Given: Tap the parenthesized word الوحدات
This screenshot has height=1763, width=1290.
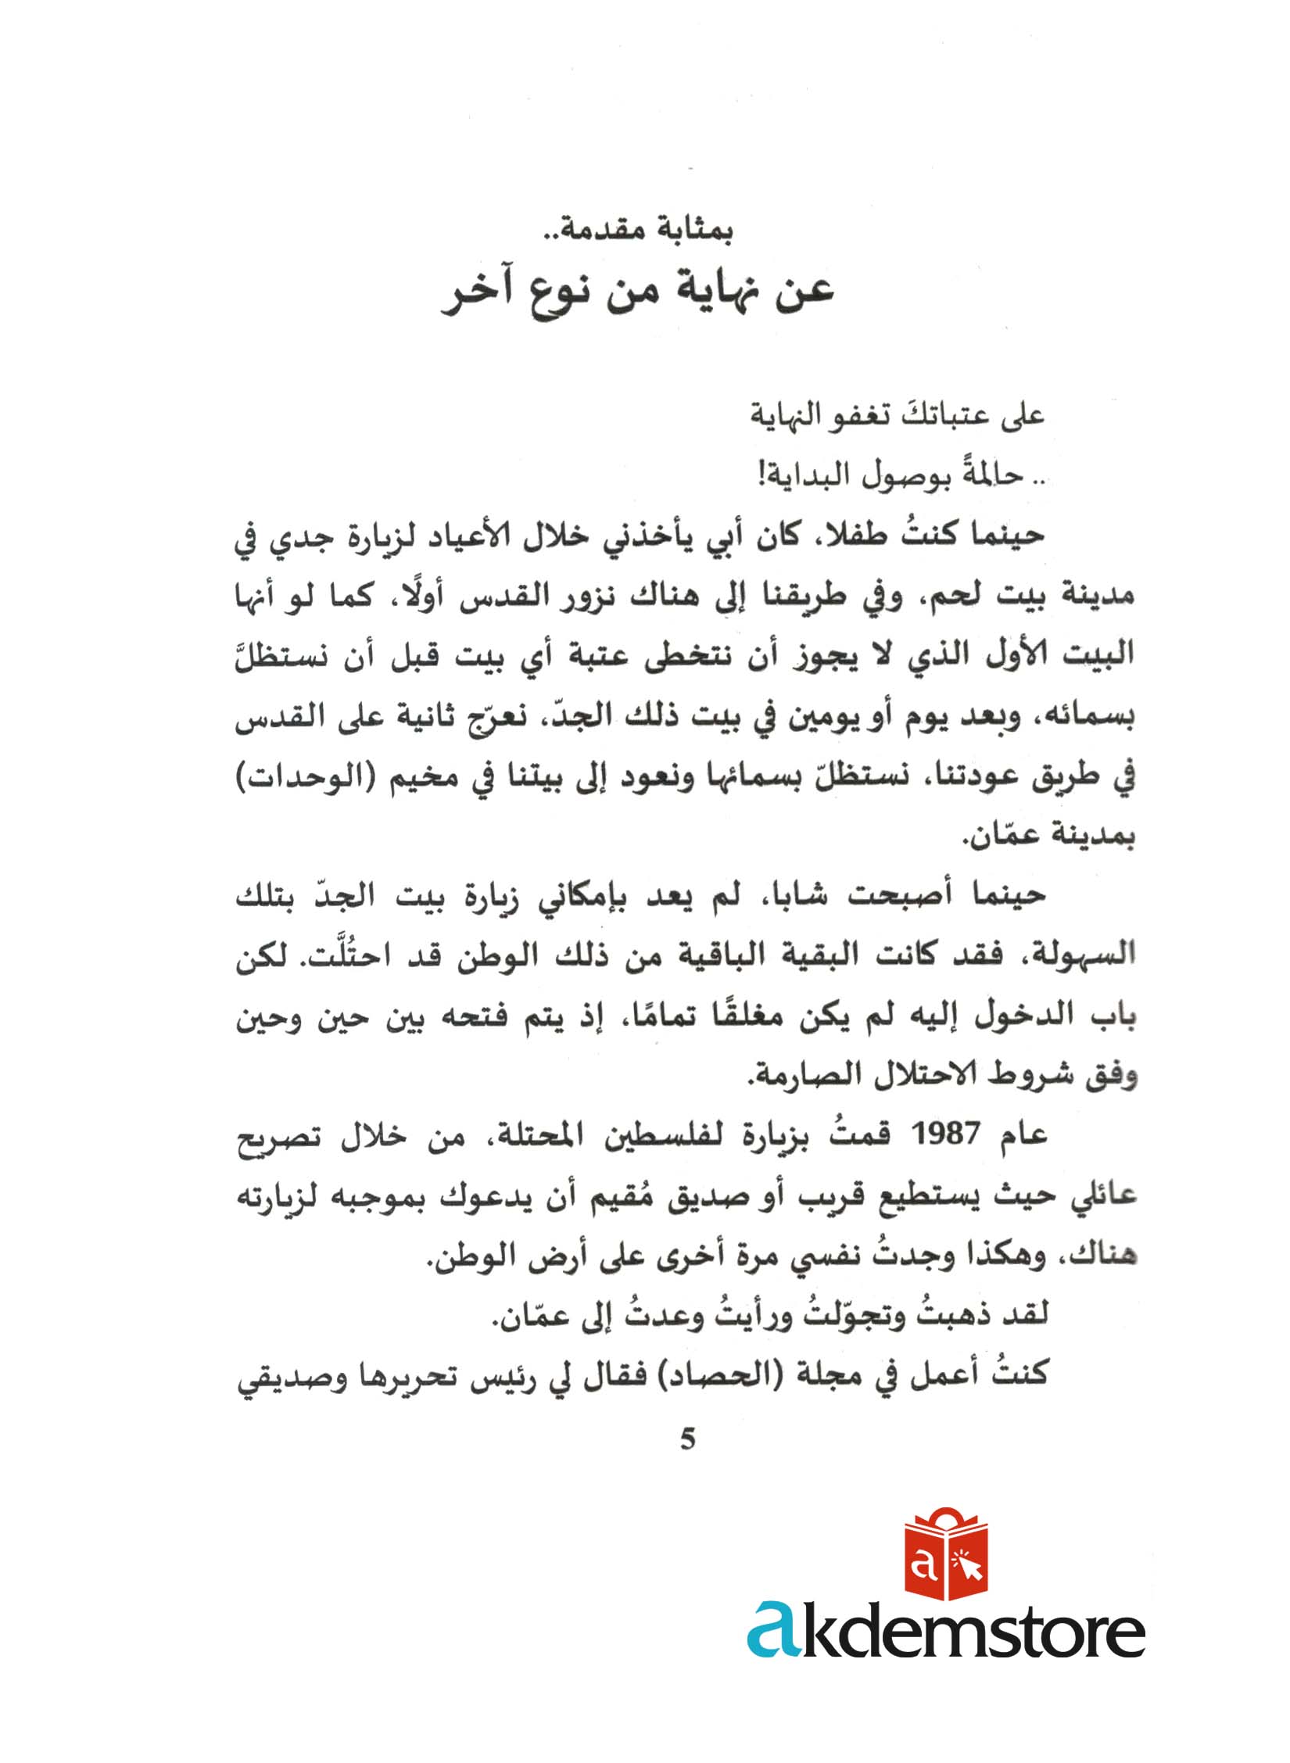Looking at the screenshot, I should coord(296,779).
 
